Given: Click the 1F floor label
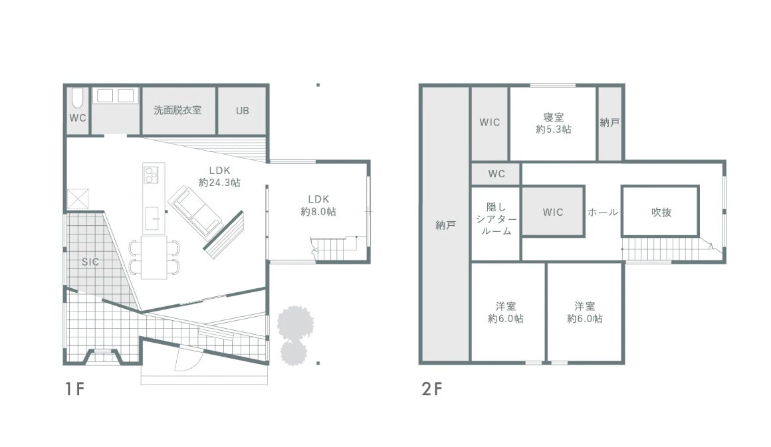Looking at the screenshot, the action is click(74, 389).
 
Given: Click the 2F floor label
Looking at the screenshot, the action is click(432, 389).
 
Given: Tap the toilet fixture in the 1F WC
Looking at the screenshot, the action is click(77, 100).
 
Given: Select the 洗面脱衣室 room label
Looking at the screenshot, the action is click(177, 110).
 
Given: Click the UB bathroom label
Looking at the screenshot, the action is click(242, 110).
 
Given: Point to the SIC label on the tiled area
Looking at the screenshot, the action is click(90, 262).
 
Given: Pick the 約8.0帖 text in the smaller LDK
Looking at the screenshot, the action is click(318, 212).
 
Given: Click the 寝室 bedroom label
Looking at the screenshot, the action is click(553, 118).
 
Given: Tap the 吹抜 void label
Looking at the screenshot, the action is click(661, 213).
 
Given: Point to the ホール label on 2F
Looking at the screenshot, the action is click(603, 213).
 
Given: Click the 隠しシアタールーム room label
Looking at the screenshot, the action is click(496, 219).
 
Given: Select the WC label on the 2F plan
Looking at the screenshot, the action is click(496, 174).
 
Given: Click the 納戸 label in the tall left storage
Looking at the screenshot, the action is click(445, 226).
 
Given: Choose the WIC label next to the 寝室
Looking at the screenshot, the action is click(490, 122).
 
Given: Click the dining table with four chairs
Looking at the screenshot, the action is click(155, 257).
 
